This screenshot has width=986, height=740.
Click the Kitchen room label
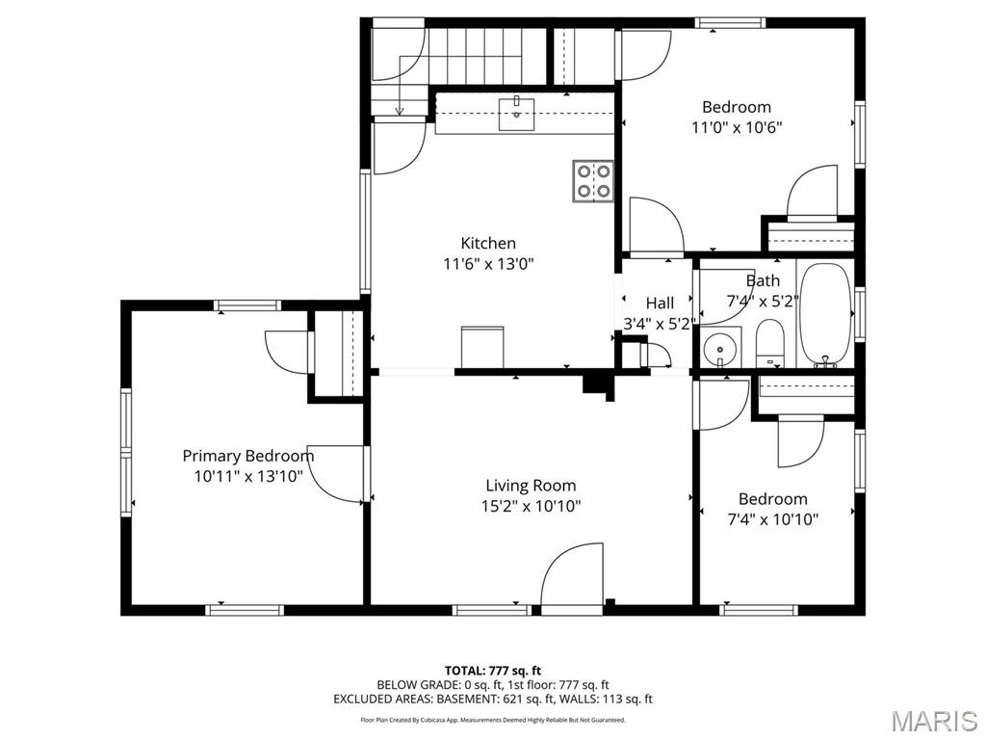(x=488, y=243)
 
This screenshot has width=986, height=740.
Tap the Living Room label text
(x=531, y=486)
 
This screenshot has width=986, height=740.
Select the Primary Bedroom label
(x=248, y=456)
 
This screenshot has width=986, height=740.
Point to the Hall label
(x=660, y=304)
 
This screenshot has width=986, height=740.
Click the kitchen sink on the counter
(x=516, y=114)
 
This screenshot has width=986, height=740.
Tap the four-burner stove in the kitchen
(x=593, y=181)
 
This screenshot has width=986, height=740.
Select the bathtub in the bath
(x=824, y=314)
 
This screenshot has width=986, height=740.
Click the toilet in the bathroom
(x=769, y=343)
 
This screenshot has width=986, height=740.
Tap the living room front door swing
(x=572, y=576)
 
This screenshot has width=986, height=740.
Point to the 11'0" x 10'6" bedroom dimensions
(x=737, y=128)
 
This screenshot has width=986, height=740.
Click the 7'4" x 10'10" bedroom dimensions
(x=773, y=519)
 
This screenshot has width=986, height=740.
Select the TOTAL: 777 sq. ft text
(x=493, y=671)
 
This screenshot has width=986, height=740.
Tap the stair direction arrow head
(x=399, y=112)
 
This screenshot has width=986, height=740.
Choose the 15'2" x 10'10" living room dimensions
(x=531, y=506)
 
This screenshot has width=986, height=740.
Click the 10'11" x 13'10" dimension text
(x=248, y=476)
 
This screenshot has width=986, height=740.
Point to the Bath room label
(x=763, y=280)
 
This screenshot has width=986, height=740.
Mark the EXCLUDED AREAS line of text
(x=493, y=699)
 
